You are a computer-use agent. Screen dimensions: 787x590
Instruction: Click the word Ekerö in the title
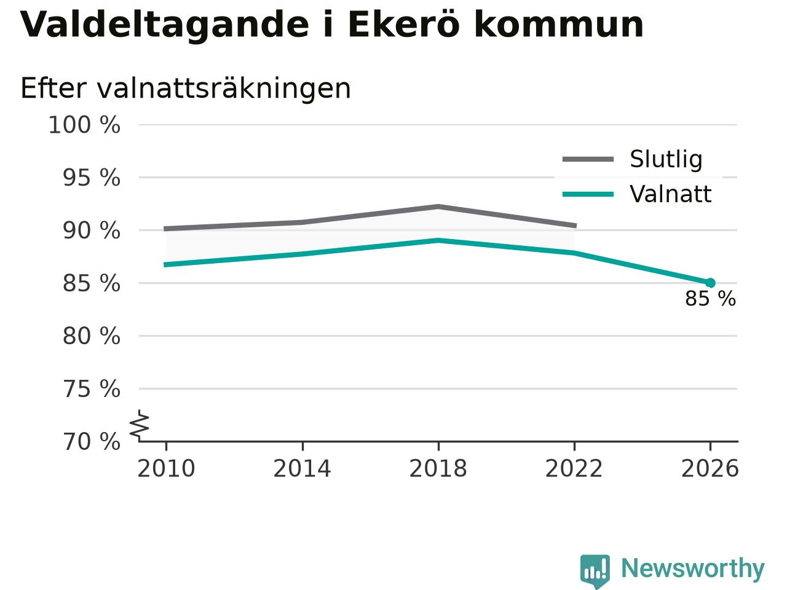pyautogui.click(x=404, y=25)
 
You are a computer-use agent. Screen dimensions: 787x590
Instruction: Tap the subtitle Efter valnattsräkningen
pyautogui.click(x=186, y=88)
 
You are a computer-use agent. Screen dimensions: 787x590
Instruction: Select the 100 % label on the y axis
pyautogui.click(x=84, y=125)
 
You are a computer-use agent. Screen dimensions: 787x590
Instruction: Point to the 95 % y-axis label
pyautogui.click(x=92, y=178)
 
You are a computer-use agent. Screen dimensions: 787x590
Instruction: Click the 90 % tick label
pyautogui.click(x=92, y=230)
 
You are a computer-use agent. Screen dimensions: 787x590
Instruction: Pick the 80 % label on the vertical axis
pyautogui.click(x=92, y=336)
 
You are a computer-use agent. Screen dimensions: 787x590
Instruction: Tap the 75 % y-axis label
pyautogui.click(x=92, y=389)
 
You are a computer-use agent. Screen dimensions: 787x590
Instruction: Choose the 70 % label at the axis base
pyautogui.click(x=92, y=442)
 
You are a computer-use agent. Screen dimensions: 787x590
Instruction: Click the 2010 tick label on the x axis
pyautogui.click(x=166, y=468)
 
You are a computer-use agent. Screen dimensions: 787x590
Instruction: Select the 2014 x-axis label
pyautogui.click(x=302, y=468)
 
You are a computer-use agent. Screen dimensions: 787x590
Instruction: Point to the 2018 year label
pyautogui.click(x=438, y=468)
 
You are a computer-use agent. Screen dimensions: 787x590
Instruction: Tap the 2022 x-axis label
pyautogui.click(x=574, y=468)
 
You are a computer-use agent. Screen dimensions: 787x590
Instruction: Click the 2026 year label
pyautogui.click(x=710, y=468)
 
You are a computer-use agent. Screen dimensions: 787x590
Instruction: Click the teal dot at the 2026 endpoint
pyautogui.click(x=710, y=283)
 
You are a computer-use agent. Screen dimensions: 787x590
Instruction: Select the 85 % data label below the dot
pyautogui.click(x=710, y=299)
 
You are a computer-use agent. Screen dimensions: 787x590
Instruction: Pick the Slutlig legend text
pyautogui.click(x=666, y=159)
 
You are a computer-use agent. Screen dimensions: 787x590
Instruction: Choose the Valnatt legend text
pyautogui.click(x=670, y=194)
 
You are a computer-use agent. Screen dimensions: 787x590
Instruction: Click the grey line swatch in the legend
pyautogui.click(x=588, y=159)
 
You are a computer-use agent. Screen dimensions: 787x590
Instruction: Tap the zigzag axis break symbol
pyautogui.click(x=140, y=425)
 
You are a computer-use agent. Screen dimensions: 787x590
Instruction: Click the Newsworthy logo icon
pyautogui.click(x=595, y=570)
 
